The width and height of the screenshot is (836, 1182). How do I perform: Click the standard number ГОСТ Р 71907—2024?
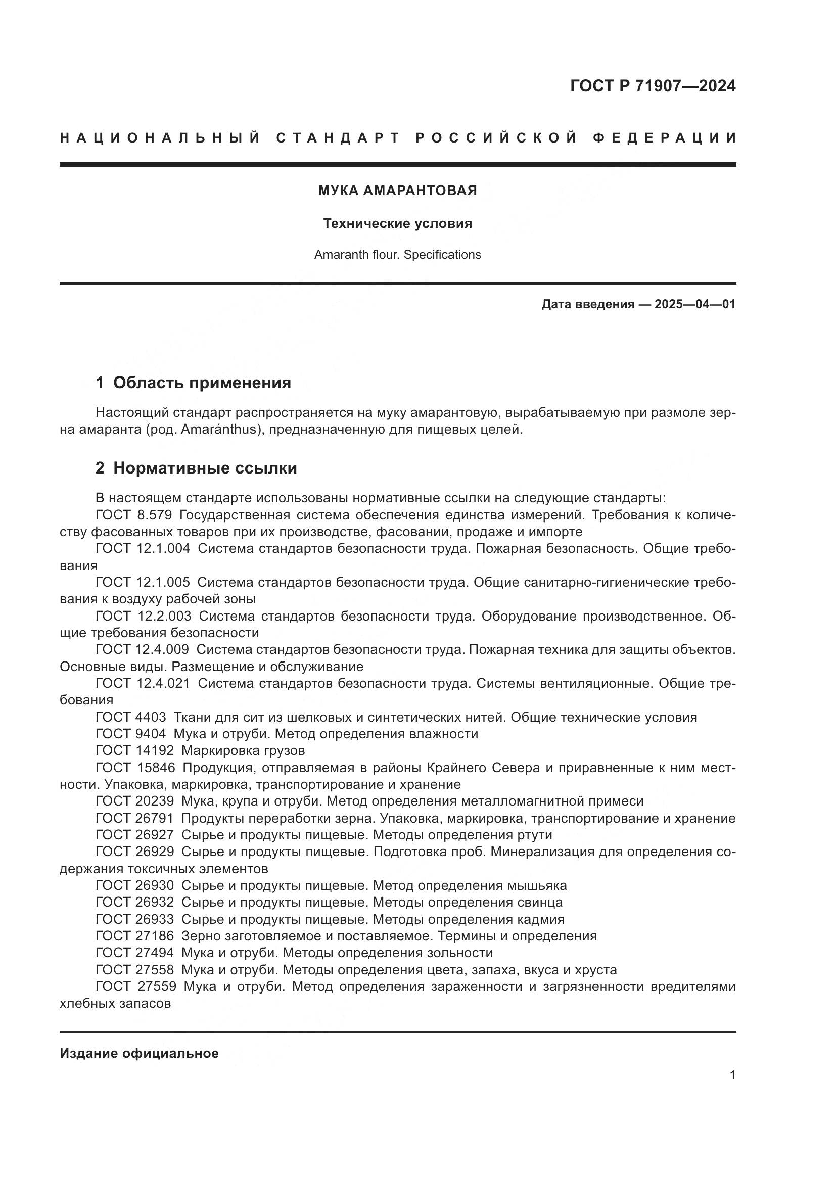coord(653,86)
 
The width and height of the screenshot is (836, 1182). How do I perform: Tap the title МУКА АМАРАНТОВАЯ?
coord(397,191)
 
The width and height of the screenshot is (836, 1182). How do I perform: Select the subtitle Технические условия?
coord(397,223)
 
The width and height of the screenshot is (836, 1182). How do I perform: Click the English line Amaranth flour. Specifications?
coord(397,255)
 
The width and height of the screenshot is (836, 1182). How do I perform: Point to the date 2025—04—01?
coord(694,304)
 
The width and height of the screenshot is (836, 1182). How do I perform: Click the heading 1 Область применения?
coord(193,383)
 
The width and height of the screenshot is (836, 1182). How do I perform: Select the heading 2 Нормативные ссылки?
coord(196,468)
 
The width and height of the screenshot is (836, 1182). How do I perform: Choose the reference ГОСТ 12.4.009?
coord(142,650)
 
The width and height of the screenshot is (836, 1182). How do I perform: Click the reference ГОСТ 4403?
coord(131,717)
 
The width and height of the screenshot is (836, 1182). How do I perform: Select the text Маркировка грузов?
coord(243,750)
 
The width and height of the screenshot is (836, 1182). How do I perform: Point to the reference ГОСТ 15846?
coord(135,768)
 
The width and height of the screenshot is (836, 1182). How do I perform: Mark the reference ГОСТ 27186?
coord(134,936)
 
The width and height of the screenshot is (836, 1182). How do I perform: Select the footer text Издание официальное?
coord(139,1053)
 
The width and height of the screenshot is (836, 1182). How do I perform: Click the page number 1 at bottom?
coord(732,1075)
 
